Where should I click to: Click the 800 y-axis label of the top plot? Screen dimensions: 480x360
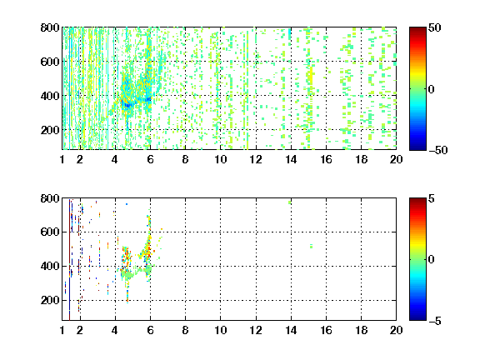coord(50,27)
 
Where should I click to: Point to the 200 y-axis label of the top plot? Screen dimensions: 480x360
coord(50,130)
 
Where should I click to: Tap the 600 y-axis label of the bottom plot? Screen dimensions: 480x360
coord(50,232)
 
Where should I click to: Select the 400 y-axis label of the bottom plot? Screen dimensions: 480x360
coord(50,266)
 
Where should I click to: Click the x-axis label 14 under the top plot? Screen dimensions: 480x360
coord(291,159)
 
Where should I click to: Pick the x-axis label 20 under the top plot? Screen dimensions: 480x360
coord(396,159)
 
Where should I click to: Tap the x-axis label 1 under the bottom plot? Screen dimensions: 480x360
coord(62,330)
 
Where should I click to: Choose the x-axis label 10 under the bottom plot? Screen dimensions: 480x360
coord(220,330)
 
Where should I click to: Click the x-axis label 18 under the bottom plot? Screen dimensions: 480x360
coord(361,330)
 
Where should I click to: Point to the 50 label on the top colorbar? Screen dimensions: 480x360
coord(434,27)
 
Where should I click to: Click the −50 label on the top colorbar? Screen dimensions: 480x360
coord(437,150)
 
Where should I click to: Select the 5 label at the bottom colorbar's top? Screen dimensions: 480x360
coord(432,198)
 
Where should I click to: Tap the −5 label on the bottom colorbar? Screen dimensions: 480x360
coord(435,321)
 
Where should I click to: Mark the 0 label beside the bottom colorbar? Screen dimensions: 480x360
coord(432,260)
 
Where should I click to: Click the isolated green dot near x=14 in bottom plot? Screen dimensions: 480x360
coord(290,202)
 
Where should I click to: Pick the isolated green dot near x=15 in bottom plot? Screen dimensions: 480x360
coord(311,246)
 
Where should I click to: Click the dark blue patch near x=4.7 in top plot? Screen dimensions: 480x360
coord(127,105)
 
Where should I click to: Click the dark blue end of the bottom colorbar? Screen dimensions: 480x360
coord(417,318)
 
